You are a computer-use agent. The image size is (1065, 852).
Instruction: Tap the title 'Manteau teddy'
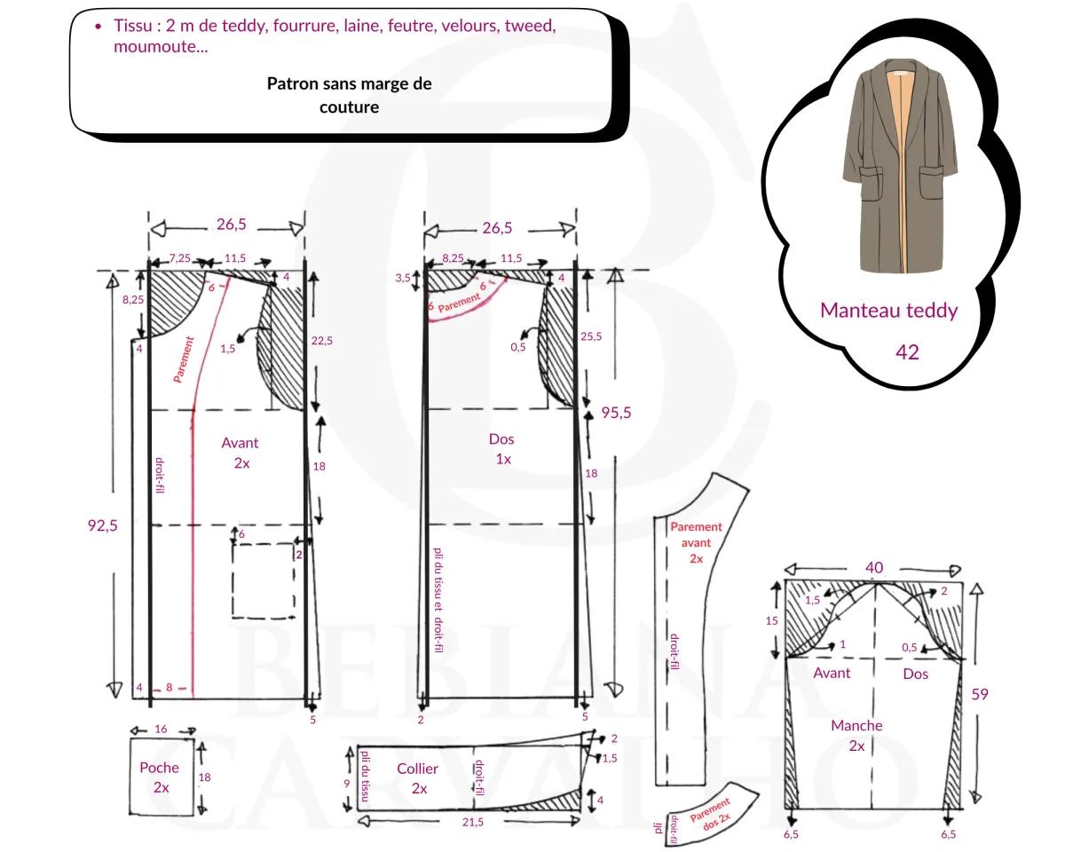[x=888, y=311]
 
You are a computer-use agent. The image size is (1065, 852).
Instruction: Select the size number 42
[x=907, y=352]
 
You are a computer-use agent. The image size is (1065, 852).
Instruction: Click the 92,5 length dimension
[x=101, y=525]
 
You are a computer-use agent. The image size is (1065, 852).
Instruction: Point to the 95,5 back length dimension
[x=616, y=412]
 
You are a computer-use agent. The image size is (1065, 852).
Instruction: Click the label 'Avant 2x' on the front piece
[x=241, y=453]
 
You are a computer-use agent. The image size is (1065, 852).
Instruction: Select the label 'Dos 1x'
[x=501, y=449]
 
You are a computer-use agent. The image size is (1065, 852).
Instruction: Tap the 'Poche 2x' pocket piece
[x=161, y=777]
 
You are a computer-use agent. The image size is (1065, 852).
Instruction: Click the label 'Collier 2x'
[x=418, y=778]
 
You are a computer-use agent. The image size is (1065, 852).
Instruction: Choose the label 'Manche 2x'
[x=856, y=736]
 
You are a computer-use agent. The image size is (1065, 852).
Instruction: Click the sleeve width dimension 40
[x=875, y=567]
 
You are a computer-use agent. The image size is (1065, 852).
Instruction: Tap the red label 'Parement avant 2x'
[x=696, y=542]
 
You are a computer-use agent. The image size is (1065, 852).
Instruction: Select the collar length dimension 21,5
[x=472, y=822]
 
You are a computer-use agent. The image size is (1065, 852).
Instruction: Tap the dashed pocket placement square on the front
[x=263, y=580]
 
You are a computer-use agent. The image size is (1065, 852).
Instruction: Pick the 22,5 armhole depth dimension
[x=321, y=341]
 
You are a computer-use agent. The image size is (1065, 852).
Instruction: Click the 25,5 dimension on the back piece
[x=590, y=336]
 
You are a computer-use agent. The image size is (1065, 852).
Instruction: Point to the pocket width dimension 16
[x=161, y=729]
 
